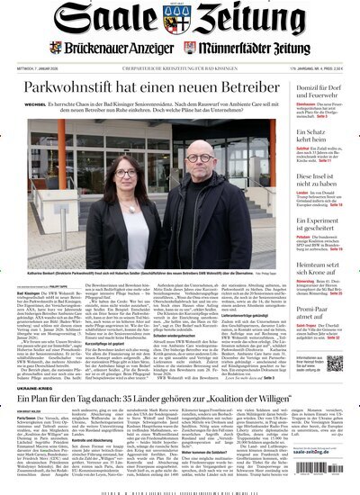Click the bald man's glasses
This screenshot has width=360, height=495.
[x=197, y=168]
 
